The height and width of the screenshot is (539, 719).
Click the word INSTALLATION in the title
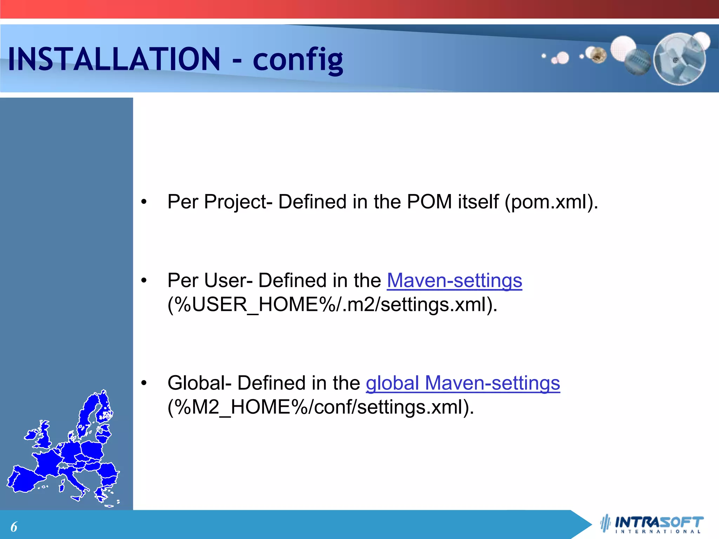point(114,59)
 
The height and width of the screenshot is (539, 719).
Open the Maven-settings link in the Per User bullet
point(454,281)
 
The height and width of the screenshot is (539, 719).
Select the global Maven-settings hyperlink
point(463,383)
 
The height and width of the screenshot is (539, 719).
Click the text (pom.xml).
point(551,202)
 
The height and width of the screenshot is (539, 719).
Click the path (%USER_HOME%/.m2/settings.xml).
point(332,305)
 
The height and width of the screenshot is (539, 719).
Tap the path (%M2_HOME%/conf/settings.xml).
point(321,407)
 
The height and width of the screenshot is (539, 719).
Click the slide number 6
point(14,527)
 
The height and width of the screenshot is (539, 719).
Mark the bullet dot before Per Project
point(144,202)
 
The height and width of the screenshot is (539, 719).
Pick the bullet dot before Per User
point(144,281)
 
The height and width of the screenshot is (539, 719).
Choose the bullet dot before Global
point(144,383)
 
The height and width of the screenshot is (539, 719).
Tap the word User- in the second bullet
point(228,281)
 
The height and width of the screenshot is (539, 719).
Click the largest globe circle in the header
point(679,59)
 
